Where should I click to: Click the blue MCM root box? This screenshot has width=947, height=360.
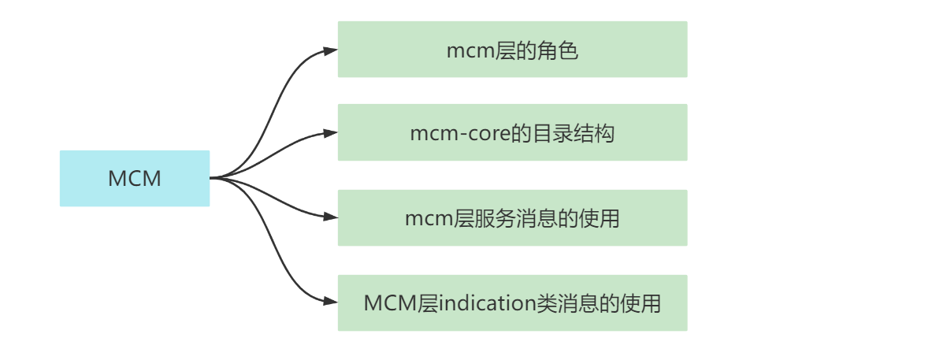click(135, 179)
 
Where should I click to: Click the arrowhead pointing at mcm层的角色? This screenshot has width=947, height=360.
click(331, 50)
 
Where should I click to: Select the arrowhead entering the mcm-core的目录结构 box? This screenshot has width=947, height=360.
click(331, 133)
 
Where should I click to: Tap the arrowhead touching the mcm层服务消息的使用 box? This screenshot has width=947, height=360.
click(331, 217)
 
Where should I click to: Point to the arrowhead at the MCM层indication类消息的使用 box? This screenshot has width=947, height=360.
click(331, 302)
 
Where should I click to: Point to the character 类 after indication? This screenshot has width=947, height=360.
click(546, 303)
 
